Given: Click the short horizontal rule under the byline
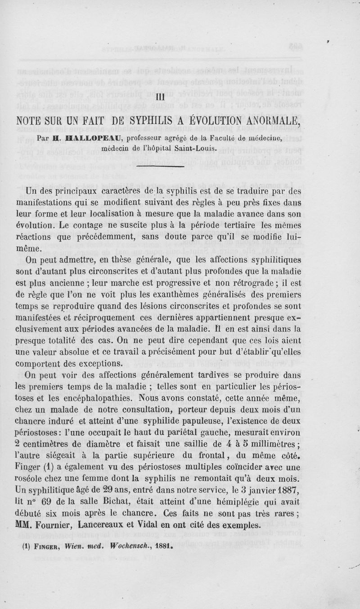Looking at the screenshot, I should (x=160, y=166).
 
